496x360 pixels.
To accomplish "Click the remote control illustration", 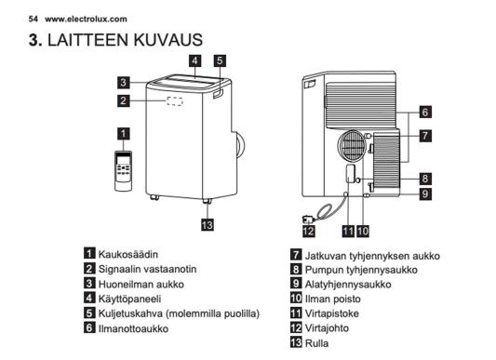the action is (x=123, y=171).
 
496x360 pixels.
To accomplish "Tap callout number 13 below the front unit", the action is (x=208, y=225).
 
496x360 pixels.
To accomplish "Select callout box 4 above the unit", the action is (x=194, y=60).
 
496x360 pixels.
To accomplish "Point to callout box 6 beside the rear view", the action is (x=425, y=112).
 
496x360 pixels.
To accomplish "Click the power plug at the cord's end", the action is (x=307, y=219).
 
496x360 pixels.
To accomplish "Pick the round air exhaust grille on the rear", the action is (x=352, y=146).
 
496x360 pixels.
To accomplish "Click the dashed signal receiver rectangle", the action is (x=175, y=101).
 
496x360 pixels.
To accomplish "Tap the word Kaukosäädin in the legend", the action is (x=128, y=254).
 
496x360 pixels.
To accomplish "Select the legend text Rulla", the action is (x=316, y=343).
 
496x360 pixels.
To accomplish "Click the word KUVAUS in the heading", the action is (x=168, y=40).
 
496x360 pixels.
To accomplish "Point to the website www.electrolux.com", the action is (x=86, y=19).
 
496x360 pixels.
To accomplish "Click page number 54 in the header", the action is (x=33, y=19).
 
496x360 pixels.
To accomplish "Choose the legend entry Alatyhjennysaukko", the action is (x=348, y=285).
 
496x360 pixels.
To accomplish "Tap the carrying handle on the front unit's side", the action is (x=218, y=94).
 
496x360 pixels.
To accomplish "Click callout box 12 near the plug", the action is (x=309, y=231).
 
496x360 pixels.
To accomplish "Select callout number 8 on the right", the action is (x=425, y=179).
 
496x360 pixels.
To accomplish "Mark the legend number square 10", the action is (x=296, y=298).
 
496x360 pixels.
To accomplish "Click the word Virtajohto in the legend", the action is (x=327, y=328).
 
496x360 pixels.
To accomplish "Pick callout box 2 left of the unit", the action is (x=124, y=100).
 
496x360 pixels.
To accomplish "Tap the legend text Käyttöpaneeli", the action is (x=129, y=299).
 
